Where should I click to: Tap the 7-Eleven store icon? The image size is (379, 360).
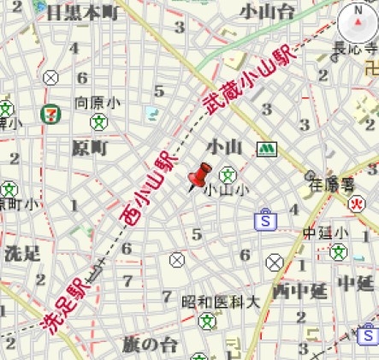click(x=51, y=112)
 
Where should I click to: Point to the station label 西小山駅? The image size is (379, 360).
click(x=151, y=189)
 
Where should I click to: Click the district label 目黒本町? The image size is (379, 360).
click(x=82, y=12)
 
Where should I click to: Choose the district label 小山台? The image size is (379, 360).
click(x=268, y=11)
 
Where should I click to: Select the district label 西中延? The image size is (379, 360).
click(x=299, y=291)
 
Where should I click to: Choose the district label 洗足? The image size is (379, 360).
click(x=22, y=253)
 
